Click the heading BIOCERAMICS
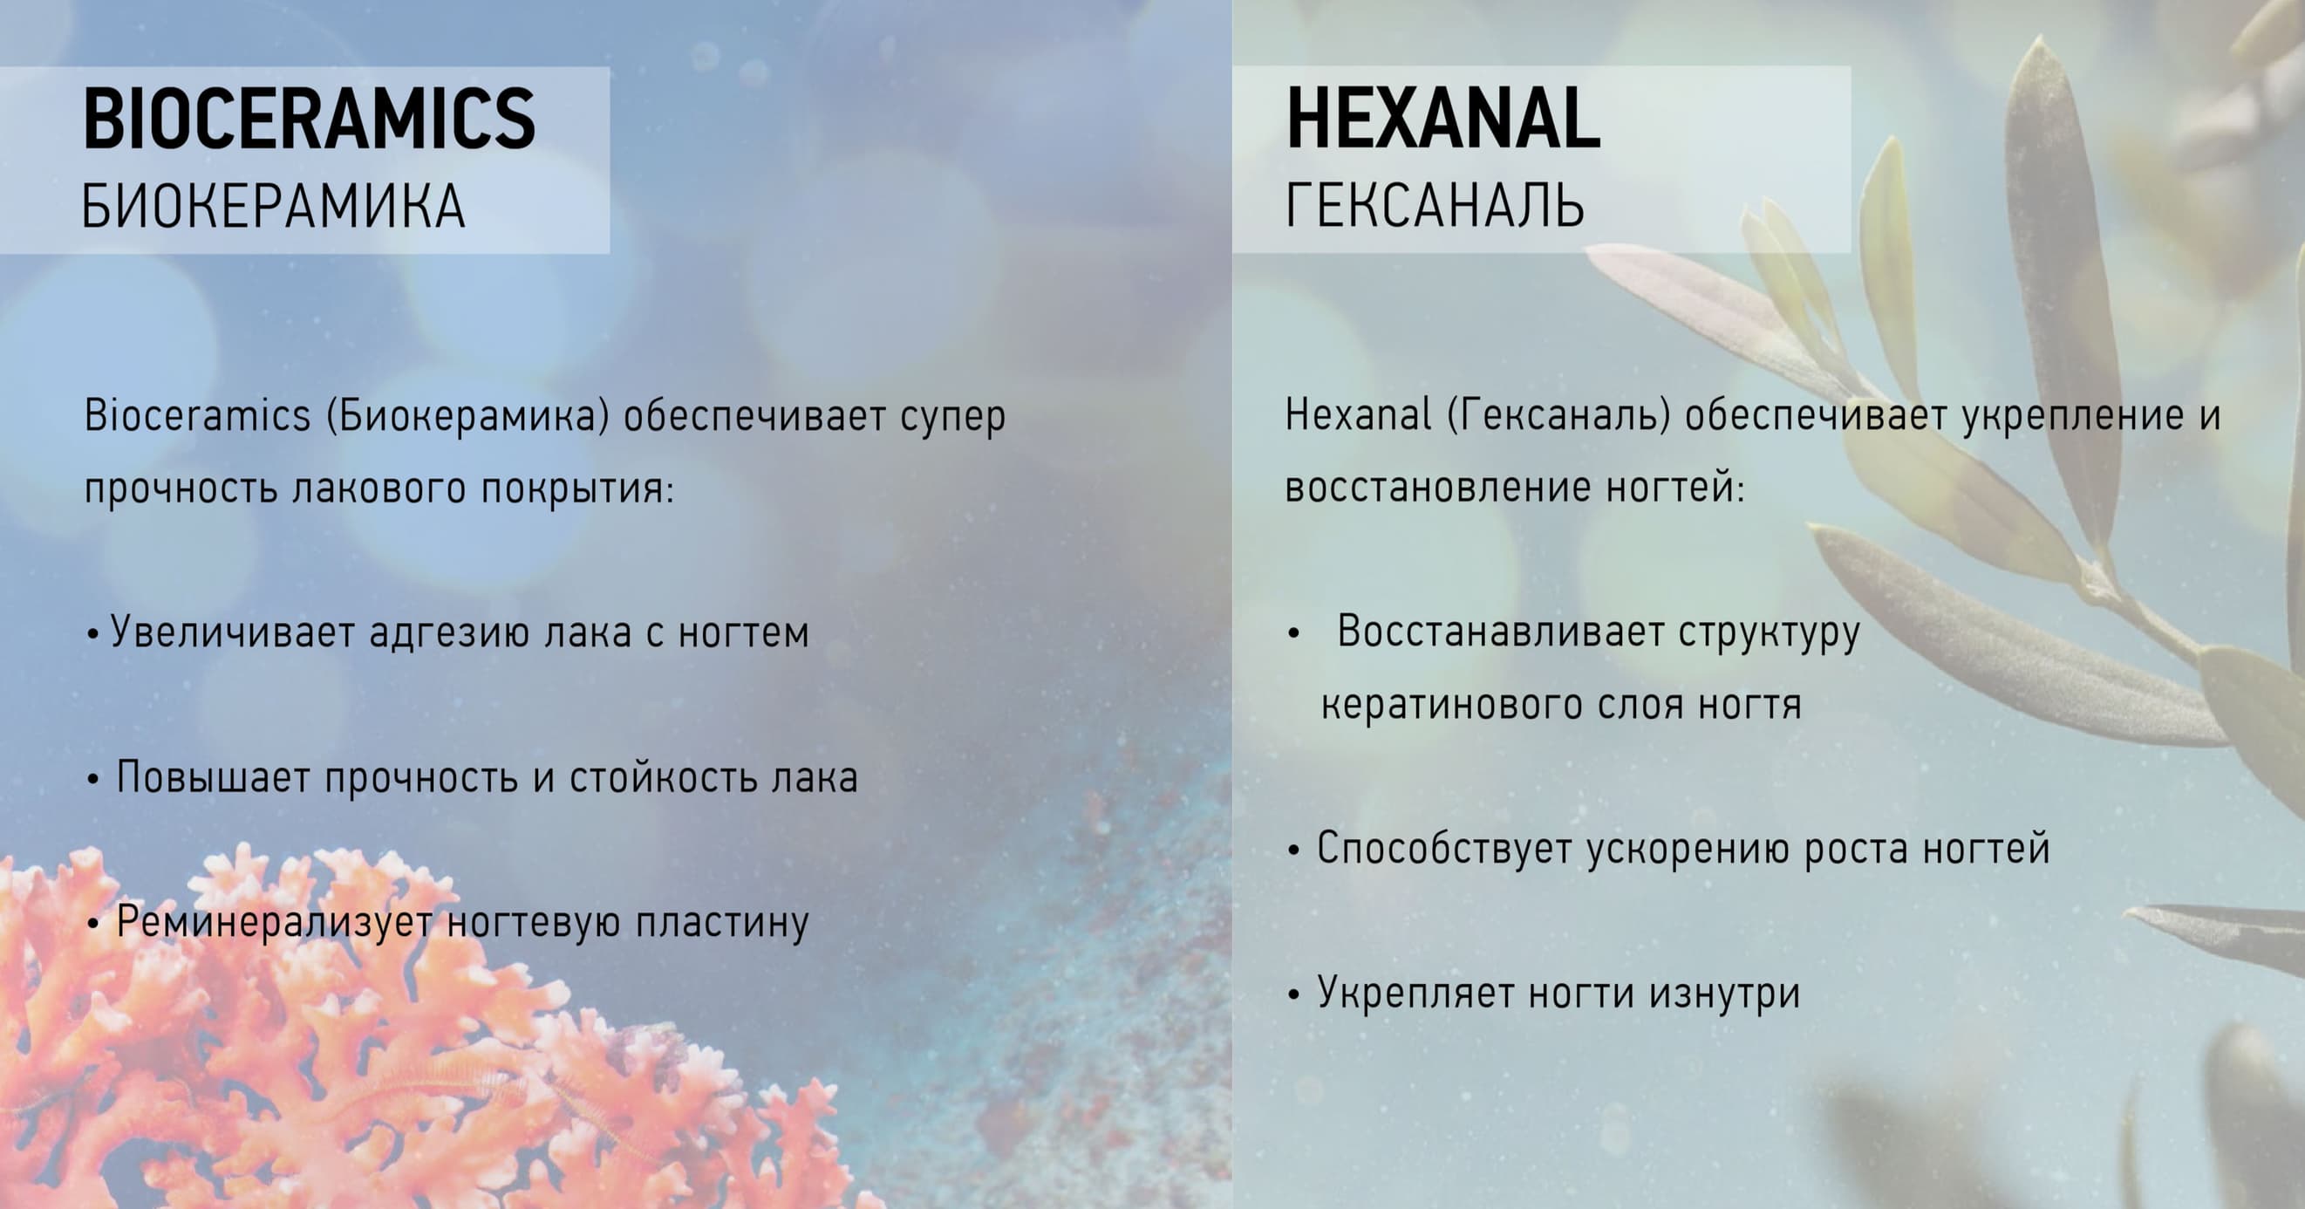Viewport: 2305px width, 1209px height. [x=310, y=119]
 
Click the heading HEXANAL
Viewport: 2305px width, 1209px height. [x=1442, y=119]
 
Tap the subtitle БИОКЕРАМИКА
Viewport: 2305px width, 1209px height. [x=274, y=207]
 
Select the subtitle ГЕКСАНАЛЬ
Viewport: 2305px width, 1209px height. [x=1436, y=206]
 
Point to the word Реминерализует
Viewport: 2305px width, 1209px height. [x=275, y=923]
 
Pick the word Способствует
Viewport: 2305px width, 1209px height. [x=1444, y=850]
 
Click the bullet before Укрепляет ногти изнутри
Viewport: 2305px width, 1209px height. [x=1293, y=996]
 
